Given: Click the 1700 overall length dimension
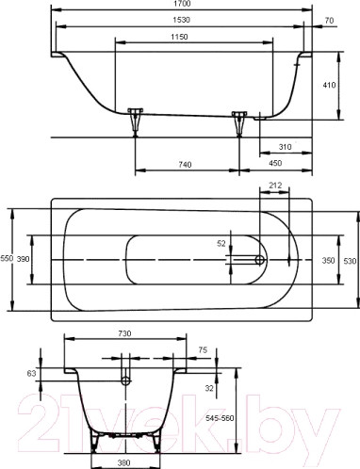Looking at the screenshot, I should click(x=179, y=6).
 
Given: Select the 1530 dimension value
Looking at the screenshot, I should click(x=179, y=21).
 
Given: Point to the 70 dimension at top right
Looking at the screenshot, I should click(x=328, y=21).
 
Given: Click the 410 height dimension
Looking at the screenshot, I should click(x=329, y=84).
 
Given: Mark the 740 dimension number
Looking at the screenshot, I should click(x=185, y=165).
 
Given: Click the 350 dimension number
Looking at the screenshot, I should click(x=329, y=259).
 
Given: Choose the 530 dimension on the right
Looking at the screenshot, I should click(x=350, y=259).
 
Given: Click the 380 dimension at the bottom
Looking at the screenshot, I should click(x=124, y=462).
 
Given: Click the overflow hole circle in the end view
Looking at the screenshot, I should click(x=124, y=380).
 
